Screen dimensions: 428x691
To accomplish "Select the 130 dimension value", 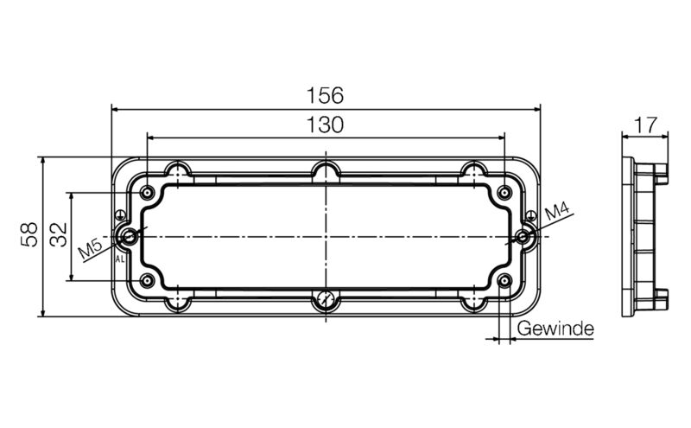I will click(325, 125).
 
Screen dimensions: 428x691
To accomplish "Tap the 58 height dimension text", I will click(29, 235).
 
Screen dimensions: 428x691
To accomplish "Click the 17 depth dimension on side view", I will click(644, 125).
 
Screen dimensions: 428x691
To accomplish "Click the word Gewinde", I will click(555, 329).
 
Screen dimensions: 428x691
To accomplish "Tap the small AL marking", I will click(119, 258).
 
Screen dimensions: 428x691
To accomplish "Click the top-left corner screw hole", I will click(149, 192).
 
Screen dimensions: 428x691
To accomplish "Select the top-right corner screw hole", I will click(504, 192).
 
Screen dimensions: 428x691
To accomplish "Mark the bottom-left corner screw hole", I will click(149, 280).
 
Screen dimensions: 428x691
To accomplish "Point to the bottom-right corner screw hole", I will click(504, 280).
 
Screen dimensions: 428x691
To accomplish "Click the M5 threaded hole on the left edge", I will click(130, 236).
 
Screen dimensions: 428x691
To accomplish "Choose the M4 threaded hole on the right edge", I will click(523, 236).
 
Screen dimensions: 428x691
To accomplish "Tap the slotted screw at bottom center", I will click(325, 300).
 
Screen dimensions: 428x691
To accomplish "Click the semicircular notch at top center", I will click(326, 170).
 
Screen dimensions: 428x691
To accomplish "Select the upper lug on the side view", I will click(662, 172).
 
